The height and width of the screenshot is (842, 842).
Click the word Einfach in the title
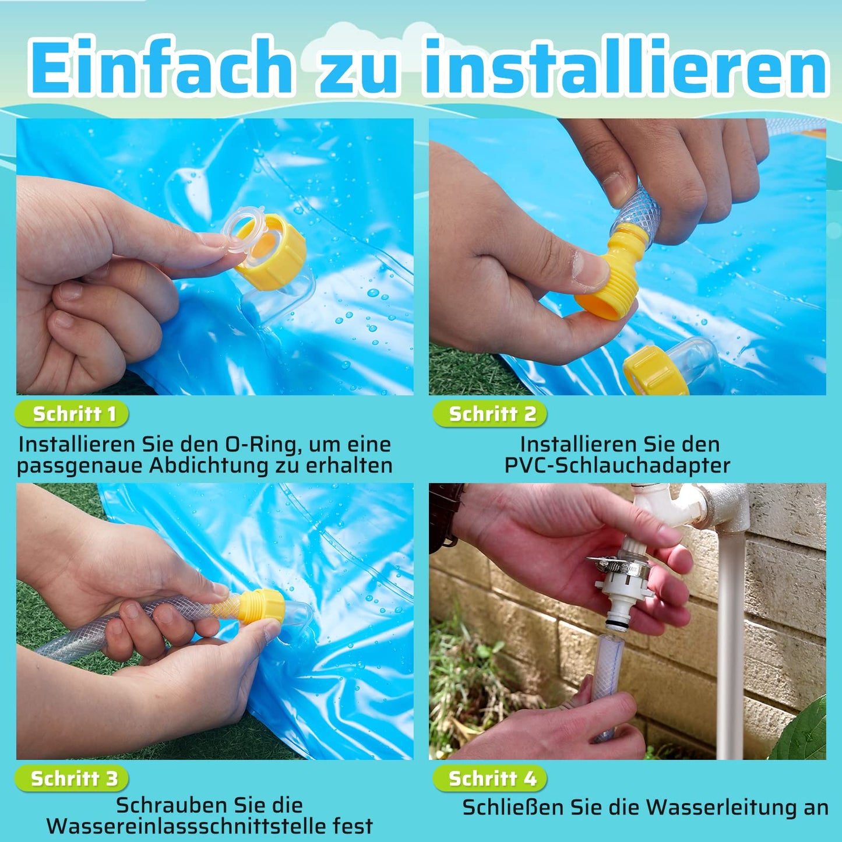160,66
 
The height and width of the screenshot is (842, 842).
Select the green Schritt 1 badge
72,414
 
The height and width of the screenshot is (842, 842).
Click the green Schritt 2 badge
490,414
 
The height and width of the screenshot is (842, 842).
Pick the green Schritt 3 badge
72,778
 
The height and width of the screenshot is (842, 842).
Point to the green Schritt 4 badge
490,778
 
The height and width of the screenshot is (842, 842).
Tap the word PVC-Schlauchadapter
618,466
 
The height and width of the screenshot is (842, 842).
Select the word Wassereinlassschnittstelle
187,826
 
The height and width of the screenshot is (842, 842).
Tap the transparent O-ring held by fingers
243,230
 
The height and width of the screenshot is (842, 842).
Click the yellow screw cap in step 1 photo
272,252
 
